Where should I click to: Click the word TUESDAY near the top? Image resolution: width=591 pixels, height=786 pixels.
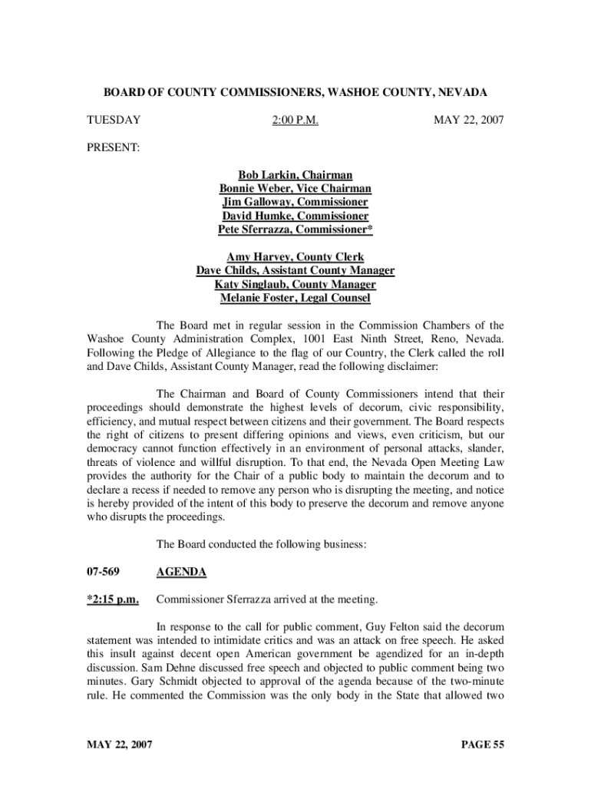pos(113,121)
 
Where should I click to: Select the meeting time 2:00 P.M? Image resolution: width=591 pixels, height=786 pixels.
pos(295,121)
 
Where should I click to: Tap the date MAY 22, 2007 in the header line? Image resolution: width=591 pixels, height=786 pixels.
pos(468,121)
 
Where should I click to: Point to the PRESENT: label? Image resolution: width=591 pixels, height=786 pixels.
pos(112,147)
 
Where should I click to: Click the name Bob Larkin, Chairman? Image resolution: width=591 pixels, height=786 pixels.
pos(295,175)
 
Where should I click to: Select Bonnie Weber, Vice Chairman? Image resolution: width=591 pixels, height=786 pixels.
pos(295,189)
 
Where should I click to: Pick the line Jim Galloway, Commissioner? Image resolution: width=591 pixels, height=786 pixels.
pos(295,203)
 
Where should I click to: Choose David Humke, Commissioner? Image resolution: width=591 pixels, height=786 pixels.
pos(295,216)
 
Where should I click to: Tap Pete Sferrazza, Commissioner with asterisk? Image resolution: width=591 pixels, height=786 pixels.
pos(295,230)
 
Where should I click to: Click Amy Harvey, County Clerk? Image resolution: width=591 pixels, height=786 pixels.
pos(295,256)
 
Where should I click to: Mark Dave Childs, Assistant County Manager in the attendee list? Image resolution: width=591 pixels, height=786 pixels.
pos(295,270)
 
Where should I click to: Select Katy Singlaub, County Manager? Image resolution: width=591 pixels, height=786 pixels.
pos(295,284)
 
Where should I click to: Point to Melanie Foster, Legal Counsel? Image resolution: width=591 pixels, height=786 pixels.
pos(295,298)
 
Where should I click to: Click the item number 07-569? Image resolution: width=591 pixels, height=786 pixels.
pos(102,572)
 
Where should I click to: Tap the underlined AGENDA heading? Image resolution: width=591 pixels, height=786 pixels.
pos(181,572)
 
